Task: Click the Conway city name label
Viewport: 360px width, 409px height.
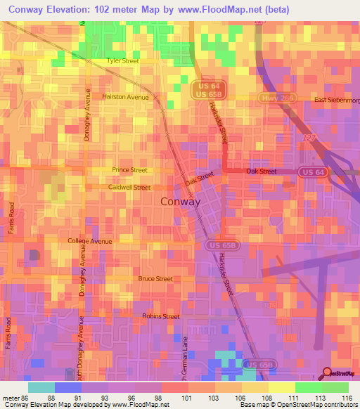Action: pyautogui.click(x=181, y=202)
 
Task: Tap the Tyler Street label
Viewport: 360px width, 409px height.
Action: pyautogui.click(x=123, y=61)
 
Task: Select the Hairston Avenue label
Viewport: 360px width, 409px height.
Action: pyautogui.click(x=126, y=97)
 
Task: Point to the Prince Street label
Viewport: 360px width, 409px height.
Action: pyautogui.click(x=129, y=170)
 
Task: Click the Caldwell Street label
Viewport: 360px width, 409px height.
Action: pyautogui.click(x=129, y=188)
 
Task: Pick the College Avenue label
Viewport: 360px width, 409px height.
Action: pyautogui.click(x=90, y=241)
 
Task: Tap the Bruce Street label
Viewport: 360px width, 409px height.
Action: pyautogui.click(x=155, y=279)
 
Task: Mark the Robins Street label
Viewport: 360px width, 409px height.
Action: pyautogui.click(x=161, y=317)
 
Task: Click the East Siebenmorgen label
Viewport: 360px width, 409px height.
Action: pyautogui.click(x=336, y=100)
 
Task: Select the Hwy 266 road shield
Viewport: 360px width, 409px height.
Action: pyautogui.click(x=273, y=98)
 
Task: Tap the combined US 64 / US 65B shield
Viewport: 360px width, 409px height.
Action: pyautogui.click(x=203, y=89)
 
